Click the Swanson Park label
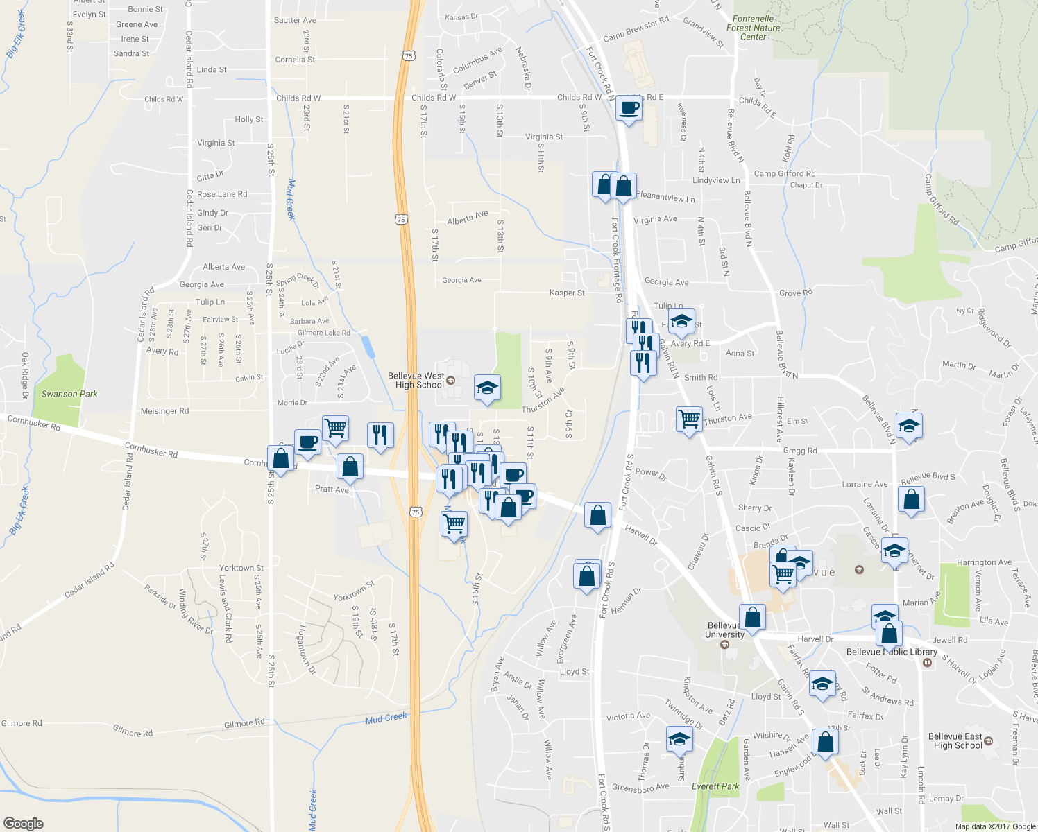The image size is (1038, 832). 69,394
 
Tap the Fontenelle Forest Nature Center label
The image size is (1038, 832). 753,28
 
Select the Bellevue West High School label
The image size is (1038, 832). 416,381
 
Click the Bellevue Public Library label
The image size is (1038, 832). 892,652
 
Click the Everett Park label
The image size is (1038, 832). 715,786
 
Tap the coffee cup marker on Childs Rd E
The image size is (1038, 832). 629,109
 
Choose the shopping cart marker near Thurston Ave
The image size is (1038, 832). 689,418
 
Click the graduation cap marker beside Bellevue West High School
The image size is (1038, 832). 487,388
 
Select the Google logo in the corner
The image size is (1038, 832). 23,824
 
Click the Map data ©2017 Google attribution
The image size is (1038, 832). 995,826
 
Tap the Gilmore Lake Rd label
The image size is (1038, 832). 323,333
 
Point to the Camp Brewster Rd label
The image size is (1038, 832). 636,28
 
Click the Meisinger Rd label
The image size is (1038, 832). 164,411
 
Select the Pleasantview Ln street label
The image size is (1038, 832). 665,197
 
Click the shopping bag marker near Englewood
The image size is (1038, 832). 826,742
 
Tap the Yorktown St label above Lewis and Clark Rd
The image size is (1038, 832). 241,568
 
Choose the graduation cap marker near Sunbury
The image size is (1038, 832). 679,739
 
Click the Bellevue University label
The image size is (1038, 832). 724,630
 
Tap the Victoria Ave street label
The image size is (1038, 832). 628,716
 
